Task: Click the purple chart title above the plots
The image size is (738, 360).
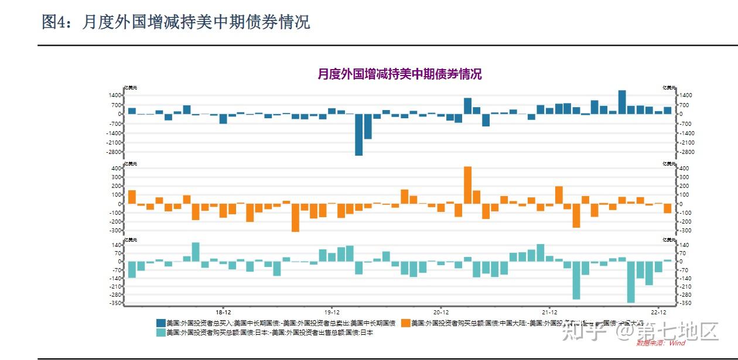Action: click(399, 74)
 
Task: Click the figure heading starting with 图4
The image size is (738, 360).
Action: click(176, 22)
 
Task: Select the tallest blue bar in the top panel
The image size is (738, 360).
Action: click(622, 102)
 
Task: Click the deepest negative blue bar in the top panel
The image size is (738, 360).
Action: click(358, 134)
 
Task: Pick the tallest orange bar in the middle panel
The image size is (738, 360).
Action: click(467, 185)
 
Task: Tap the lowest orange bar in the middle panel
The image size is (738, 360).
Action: click(295, 217)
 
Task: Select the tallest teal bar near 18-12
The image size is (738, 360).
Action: click(196, 252)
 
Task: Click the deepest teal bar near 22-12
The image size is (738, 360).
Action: click(631, 282)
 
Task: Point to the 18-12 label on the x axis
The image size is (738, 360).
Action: click(223, 313)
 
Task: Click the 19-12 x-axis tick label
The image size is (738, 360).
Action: click(332, 313)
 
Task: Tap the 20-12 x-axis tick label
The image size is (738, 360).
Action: click(440, 313)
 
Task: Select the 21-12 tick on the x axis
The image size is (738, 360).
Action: click(549, 313)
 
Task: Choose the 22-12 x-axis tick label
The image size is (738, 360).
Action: click(658, 313)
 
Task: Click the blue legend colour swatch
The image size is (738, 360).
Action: click(160, 323)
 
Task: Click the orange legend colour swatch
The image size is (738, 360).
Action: click(405, 323)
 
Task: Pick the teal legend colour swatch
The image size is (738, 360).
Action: click(160, 332)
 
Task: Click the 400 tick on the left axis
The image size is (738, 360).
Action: click(116, 169)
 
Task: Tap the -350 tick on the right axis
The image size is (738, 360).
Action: click(685, 303)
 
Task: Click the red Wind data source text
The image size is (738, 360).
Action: click(661, 343)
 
